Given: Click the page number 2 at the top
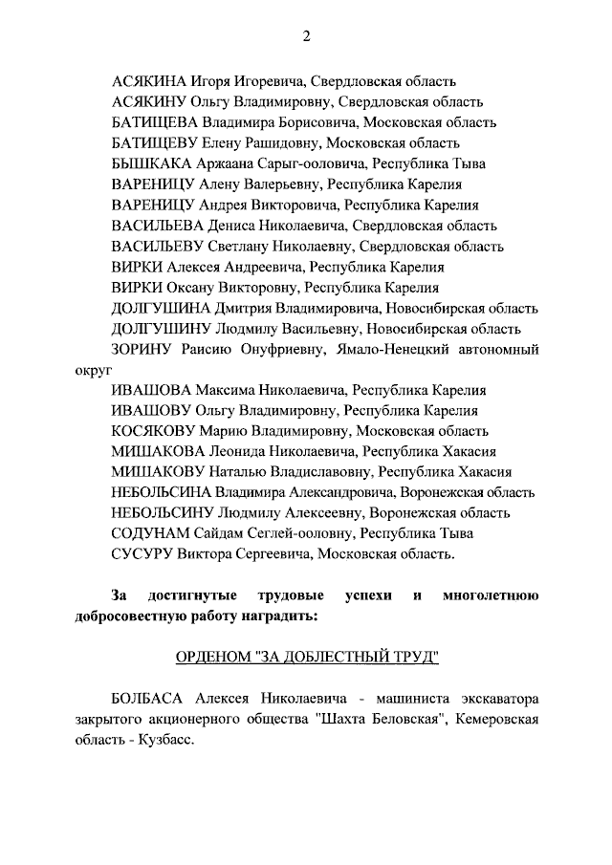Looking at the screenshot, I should [x=306, y=37].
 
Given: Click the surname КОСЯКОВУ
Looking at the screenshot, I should [x=156, y=430].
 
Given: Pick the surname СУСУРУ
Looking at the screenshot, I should [x=142, y=553].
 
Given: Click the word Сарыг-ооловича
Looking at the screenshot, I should [x=320, y=163].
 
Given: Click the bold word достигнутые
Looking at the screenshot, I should [x=197, y=596].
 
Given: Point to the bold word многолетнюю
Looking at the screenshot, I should [x=491, y=596].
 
